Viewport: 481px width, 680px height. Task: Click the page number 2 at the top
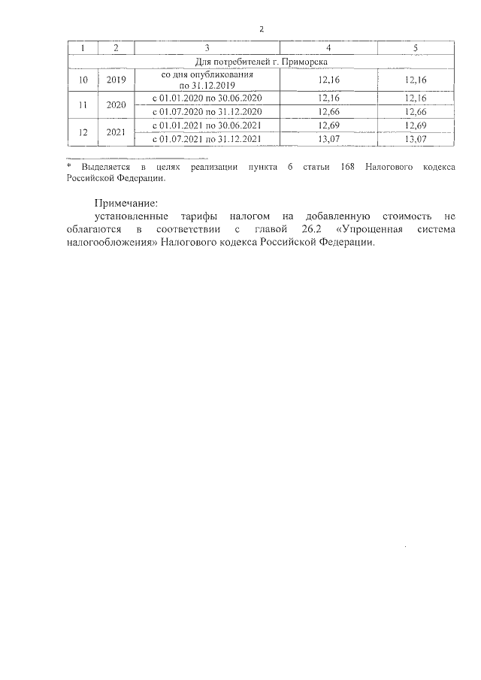point(261,29)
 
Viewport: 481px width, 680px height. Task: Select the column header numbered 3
point(206,48)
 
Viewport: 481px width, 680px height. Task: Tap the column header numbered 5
point(416,48)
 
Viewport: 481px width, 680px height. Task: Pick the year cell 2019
point(116,79)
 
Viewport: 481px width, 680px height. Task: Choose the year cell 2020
point(116,105)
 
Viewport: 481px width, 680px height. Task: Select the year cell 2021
point(116,131)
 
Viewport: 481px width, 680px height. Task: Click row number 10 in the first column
point(83,79)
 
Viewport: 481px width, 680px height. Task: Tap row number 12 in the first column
point(83,131)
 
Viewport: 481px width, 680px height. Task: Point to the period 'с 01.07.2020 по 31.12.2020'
point(206,112)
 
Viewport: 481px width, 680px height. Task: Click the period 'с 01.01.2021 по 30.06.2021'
point(206,125)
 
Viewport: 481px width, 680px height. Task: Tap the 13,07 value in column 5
point(416,138)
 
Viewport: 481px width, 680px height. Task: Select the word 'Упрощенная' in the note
point(375,229)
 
